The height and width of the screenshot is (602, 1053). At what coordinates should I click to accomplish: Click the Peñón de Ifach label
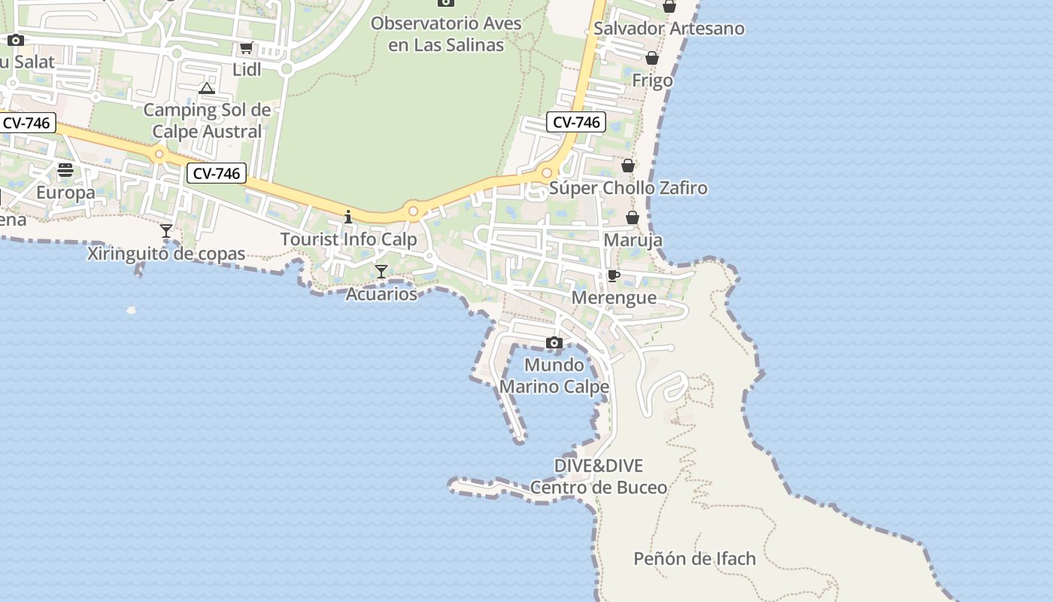click(694, 558)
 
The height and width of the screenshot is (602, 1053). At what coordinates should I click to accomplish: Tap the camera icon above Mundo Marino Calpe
click(554, 343)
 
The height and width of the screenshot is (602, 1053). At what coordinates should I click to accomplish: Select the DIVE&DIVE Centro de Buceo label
click(599, 476)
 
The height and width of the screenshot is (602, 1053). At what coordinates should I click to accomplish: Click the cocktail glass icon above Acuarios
click(381, 272)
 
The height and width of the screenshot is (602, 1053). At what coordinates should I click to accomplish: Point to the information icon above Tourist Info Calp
click(348, 217)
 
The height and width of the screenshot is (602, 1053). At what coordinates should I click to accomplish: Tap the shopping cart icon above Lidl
click(246, 48)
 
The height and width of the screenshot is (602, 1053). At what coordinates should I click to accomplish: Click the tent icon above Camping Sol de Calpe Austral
click(207, 89)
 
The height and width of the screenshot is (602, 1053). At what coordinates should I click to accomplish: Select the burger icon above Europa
click(65, 170)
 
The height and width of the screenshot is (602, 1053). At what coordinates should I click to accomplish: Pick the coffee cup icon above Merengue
click(614, 275)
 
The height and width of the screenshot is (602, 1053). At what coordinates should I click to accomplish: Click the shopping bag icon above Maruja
click(633, 217)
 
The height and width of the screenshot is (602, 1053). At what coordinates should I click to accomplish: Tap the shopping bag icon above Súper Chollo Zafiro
click(628, 166)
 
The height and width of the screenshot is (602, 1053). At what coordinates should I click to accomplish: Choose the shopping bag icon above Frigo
click(652, 58)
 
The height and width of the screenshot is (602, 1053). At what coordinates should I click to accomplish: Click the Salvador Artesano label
click(669, 29)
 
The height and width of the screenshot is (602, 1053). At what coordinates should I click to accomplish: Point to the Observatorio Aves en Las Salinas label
click(446, 34)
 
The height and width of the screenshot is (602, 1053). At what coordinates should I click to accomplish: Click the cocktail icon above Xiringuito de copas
click(166, 230)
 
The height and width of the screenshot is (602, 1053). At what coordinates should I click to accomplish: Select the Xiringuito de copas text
click(166, 254)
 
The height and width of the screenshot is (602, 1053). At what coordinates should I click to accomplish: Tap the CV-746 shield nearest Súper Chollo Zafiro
click(576, 122)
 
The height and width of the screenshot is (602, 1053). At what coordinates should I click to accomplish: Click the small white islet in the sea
click(132, 310)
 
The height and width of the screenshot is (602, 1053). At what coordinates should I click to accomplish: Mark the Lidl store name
click(247, 70)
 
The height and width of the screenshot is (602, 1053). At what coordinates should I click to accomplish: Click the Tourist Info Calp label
click(348, 239)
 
